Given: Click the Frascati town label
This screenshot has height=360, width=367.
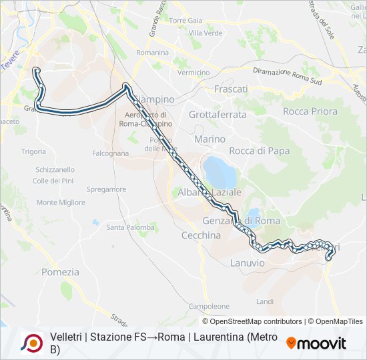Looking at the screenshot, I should coord(231,89).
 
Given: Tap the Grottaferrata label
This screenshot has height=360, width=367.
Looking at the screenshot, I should coord(218,115).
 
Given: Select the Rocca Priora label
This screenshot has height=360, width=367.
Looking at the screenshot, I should coord(310,111).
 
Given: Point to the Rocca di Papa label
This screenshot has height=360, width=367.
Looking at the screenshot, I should coord(260,151).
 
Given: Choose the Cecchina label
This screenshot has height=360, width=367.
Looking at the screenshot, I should coord(201,235).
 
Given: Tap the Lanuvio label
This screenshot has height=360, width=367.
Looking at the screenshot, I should coord(248,263).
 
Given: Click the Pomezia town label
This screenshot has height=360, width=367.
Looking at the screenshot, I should coord(60,272).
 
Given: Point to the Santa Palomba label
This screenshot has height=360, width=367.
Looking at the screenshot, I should coord(131,227).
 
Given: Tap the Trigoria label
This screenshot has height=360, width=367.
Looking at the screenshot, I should coord(33,151).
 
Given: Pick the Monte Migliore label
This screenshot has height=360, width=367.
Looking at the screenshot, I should coord(61,202).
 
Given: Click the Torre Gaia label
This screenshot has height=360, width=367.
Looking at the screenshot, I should coord(185,21).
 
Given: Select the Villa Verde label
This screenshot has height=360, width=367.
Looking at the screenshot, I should coord(206,33).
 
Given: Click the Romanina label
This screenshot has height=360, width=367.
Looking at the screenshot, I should coord(152,52).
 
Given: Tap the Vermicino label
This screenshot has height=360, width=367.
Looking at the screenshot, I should coord(194,73).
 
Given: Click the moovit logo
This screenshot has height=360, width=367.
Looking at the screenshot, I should coord(316,343).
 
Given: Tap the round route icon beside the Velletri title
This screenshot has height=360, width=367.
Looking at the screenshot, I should coord(32,343).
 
